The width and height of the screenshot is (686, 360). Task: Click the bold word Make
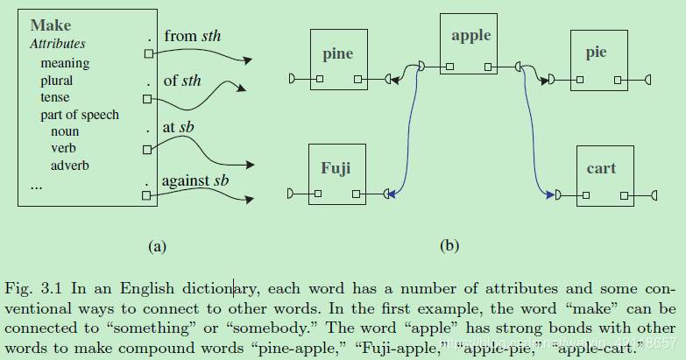pyautogui.click(x=50, y=26)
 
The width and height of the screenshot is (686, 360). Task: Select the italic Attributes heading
pyautogui.click(x=58, y=44)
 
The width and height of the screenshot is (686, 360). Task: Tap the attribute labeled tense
pyautogui.click(x=54, y=97)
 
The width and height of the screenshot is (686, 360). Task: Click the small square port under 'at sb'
pyautogui.click(x=148, y=149)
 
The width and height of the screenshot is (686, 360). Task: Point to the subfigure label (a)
pyautogui.click(x=157, y=247)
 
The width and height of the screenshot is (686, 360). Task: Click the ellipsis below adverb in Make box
pyautogui.click(x=36, y=186)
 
